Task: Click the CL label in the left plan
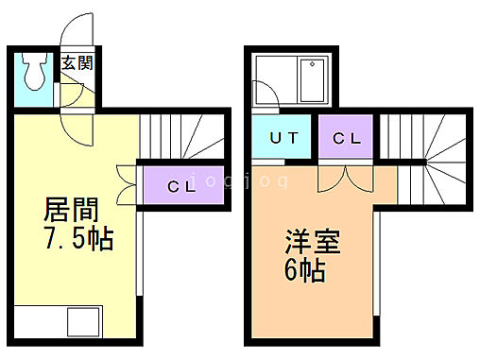click(x=181, y=186)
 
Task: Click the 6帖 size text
click(x=302, y=270)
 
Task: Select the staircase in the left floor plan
click(x=183, y=137)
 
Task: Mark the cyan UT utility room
click(x=283, y=139)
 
